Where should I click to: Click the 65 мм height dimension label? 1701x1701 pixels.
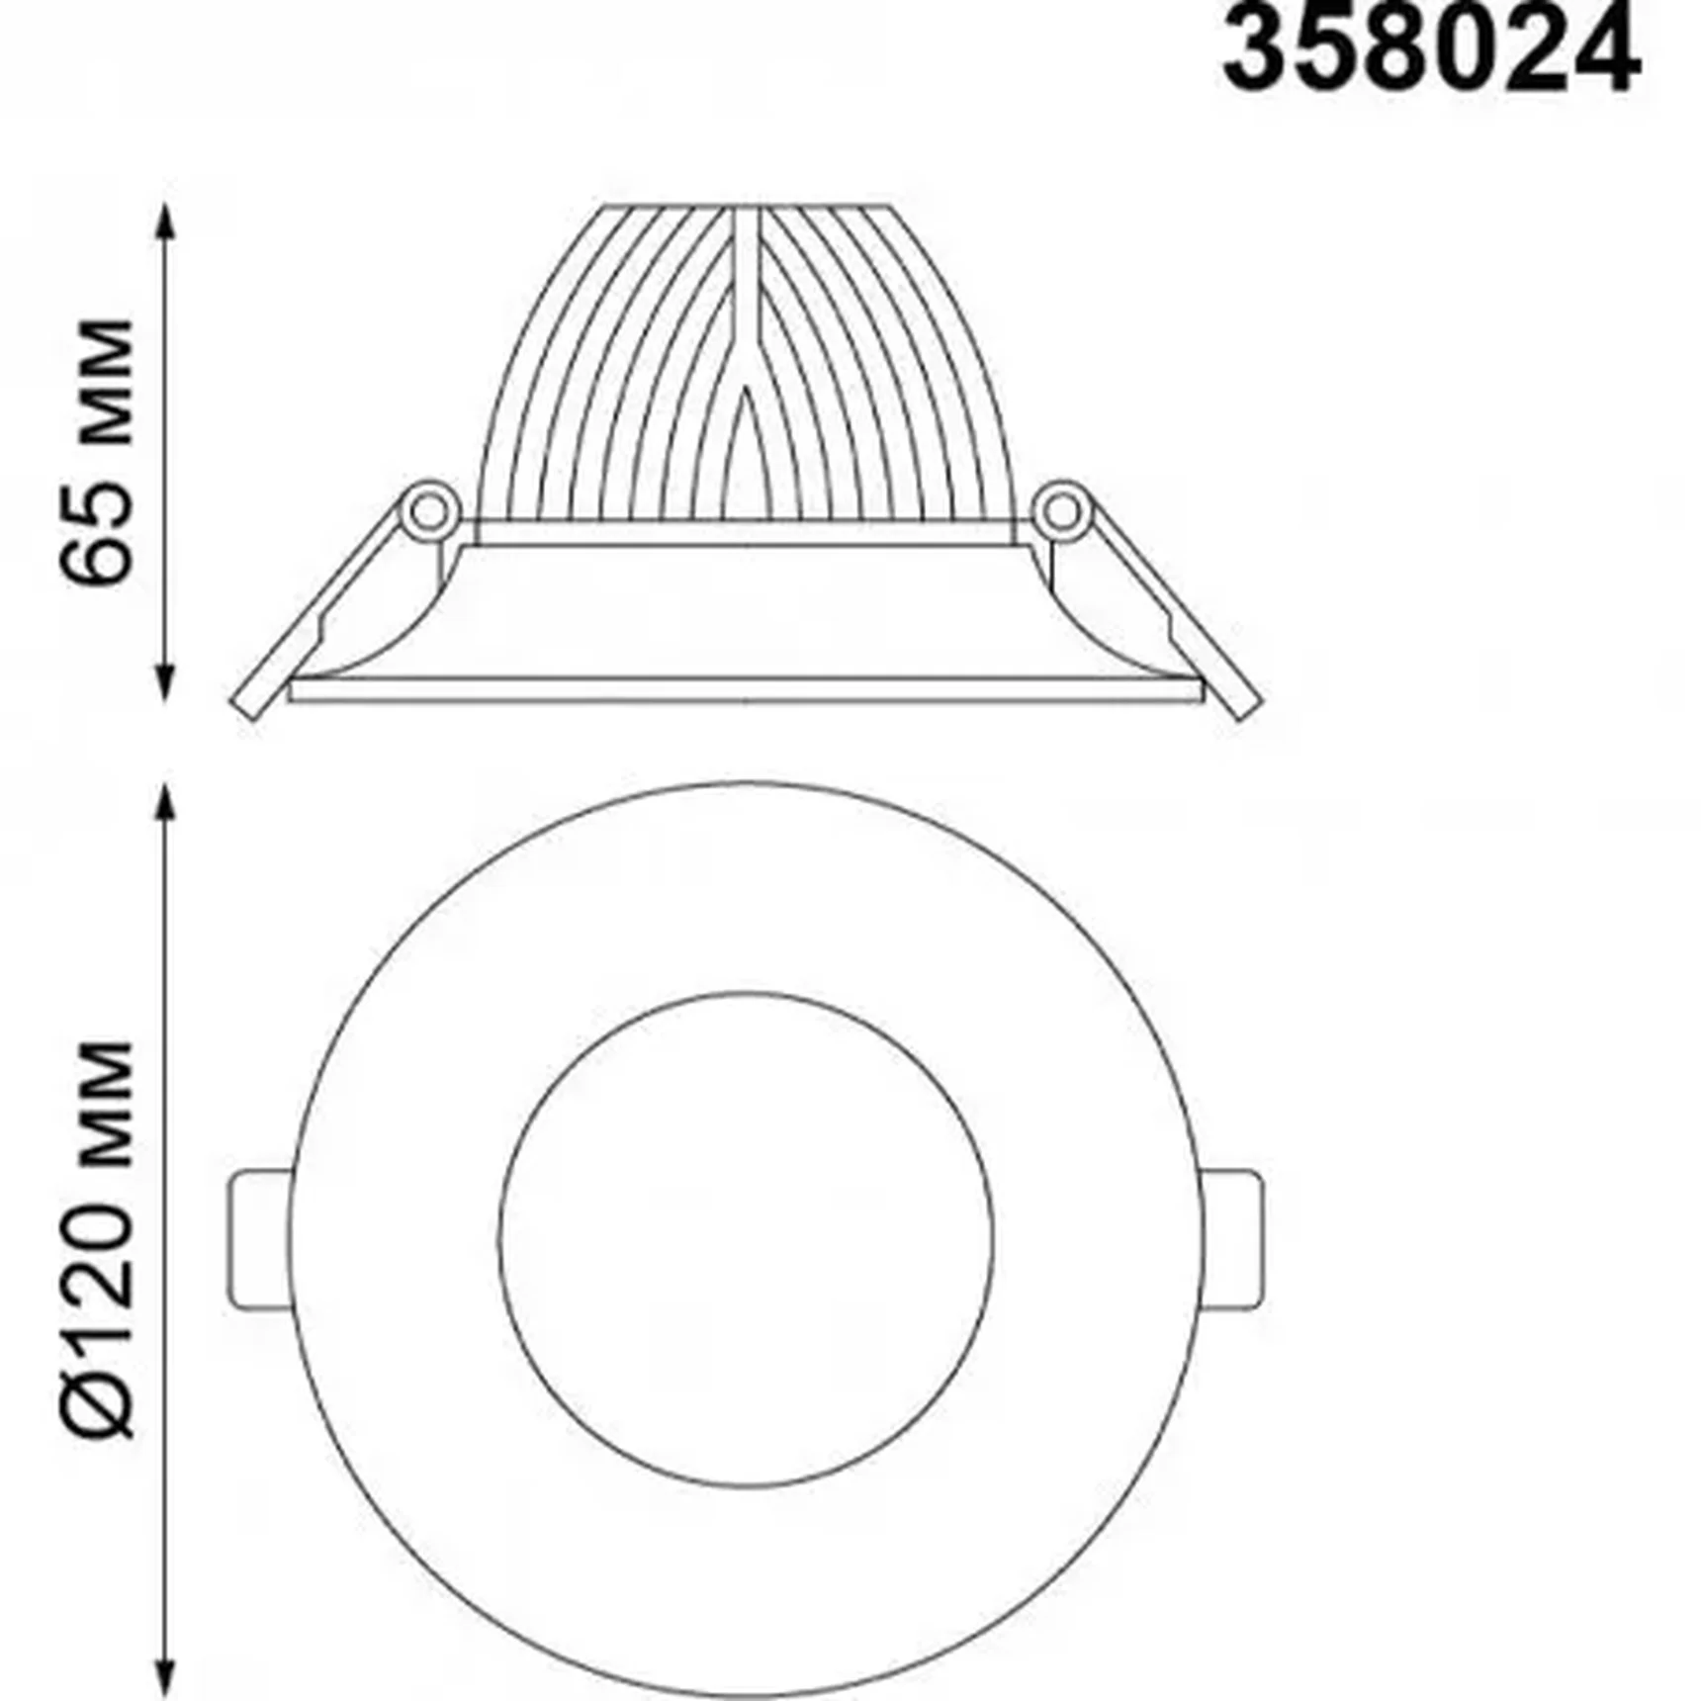96,452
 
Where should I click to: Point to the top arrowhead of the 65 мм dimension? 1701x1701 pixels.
166,223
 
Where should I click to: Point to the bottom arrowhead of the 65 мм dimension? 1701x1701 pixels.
166,681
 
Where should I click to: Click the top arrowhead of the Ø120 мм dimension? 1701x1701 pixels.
166,806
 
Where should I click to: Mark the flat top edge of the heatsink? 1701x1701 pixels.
747,207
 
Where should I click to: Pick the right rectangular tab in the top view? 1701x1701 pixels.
1233,1241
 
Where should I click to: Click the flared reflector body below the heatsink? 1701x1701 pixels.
747,613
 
